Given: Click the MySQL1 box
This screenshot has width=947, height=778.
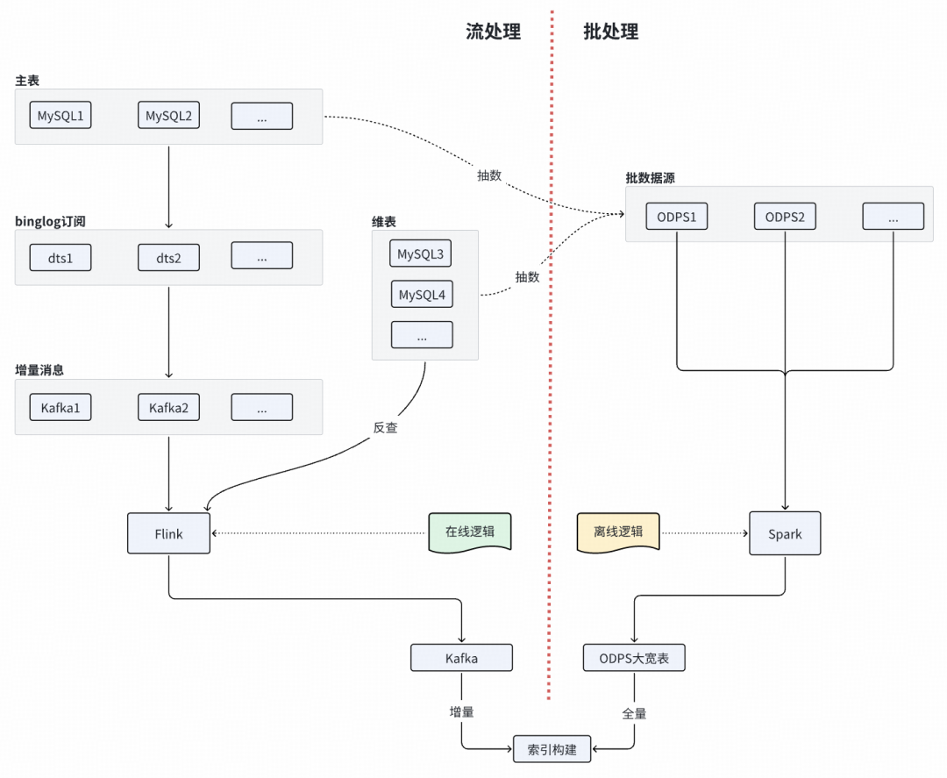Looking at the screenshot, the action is coord(61,116).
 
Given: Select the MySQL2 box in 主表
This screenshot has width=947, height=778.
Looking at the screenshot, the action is coord(168,116).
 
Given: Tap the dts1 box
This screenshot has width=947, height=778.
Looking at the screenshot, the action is coord(61,258).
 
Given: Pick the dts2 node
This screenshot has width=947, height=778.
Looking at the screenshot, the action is coord(168,258).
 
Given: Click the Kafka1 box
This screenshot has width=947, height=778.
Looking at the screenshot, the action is coord(61,408).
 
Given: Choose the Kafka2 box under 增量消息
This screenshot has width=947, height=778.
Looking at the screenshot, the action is coord(168,408).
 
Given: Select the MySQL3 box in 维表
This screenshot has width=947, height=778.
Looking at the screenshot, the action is coord(420,253).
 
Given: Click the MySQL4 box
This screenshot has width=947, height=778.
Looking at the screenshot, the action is coord(422,294).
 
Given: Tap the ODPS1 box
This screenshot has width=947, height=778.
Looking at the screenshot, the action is coord(676,217).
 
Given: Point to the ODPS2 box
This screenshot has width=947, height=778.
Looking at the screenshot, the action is coord(785,217).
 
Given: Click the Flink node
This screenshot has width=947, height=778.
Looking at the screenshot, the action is coord(168,533).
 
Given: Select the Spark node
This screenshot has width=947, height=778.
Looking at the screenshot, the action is coord(785,533).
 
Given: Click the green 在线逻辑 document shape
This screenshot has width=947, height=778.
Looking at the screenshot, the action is coord(470,532).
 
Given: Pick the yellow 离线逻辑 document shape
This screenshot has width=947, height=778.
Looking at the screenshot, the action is coord(618,532).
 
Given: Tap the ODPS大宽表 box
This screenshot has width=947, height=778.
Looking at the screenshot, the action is coord(634,658).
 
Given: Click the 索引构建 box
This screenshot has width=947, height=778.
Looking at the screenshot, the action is coord(552,749).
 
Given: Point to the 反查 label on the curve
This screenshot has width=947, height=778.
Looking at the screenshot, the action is coord(385,428).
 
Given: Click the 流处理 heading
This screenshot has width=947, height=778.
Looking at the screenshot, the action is coord(493,32).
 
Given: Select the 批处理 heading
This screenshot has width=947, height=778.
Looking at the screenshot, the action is coord(610,32).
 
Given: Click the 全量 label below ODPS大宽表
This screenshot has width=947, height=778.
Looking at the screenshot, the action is coord(634,713).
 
